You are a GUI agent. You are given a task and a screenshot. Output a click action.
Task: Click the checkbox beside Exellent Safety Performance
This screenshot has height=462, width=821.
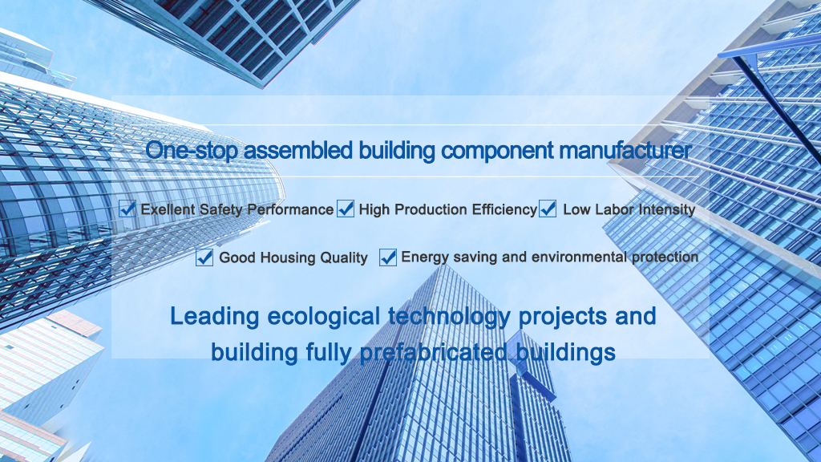pyautogui.click(x=127, y=209)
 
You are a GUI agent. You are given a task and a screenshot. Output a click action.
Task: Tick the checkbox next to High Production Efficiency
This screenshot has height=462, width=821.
pyautogui.click(x=345, y=209)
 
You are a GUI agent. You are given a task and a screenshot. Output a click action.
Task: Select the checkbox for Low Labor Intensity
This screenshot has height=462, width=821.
pyautogui.click(x=547, y=209)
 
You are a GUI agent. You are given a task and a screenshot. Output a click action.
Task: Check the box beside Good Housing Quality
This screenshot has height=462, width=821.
pyautogui.click(x=204, y=257)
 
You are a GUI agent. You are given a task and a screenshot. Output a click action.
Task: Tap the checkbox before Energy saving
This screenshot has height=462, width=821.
pyautogui.click(x=387, y=257)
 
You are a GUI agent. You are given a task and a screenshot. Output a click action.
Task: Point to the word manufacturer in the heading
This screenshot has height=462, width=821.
pyautogui.click(x=625, y=150)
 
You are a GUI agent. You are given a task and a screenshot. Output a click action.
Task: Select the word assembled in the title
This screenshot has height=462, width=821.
pyautogui.click(x=298, y=150)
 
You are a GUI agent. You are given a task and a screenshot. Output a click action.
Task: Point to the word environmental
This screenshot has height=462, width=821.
pyautogui.click(x=579, y=257)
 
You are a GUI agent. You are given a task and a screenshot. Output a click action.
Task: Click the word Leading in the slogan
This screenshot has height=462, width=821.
pyautogui.click(x=215, y=317)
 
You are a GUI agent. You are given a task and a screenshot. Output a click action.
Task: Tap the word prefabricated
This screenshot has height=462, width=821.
pyautogui.click(x=433, y=353)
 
